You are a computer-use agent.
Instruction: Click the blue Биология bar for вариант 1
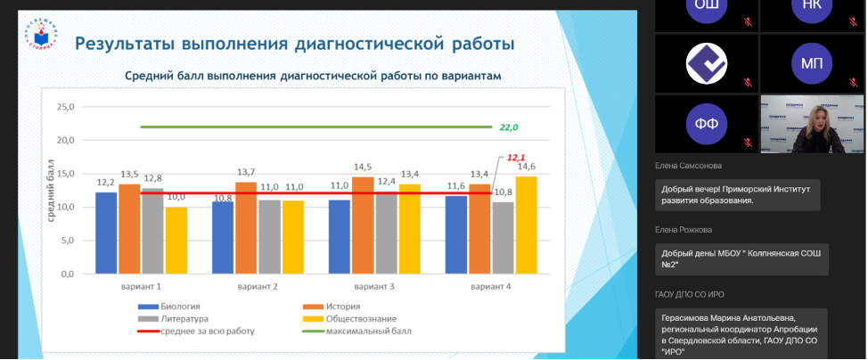106,233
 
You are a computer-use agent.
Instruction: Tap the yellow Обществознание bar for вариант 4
526,225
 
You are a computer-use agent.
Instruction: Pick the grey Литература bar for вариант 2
269,237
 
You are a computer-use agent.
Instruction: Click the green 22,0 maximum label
509,127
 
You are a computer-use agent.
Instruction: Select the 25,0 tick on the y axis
65,107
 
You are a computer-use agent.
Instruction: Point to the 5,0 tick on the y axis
67,241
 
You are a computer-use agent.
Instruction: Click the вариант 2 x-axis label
258,287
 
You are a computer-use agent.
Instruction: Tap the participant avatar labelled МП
811,62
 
